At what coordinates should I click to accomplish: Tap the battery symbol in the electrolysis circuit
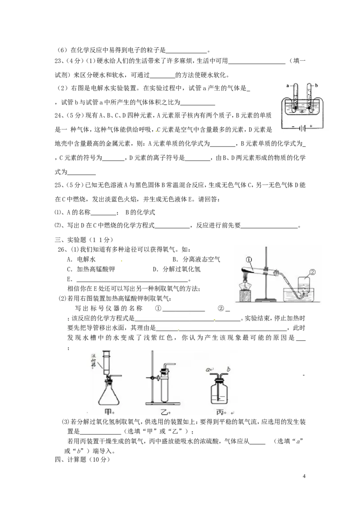304,128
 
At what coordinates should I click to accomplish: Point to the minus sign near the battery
293,128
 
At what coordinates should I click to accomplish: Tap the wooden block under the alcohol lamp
245,297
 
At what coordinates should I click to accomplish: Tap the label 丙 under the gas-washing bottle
220,411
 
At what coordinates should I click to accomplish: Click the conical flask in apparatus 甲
109,395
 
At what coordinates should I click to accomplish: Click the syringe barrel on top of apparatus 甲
107,362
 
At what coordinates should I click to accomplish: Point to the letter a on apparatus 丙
209,370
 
